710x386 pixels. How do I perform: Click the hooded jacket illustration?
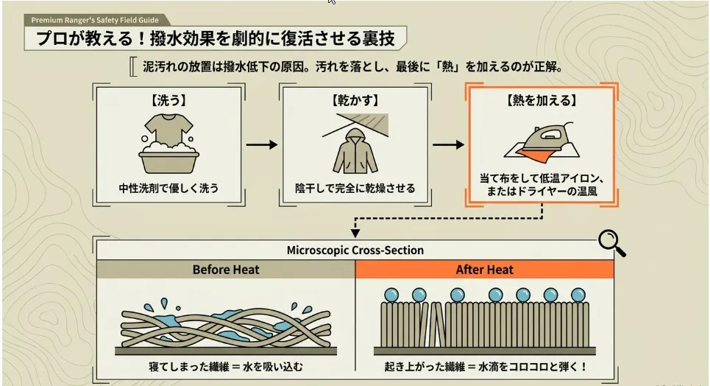(x=355, y=151)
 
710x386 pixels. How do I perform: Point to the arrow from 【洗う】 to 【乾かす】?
(x=262, y=144)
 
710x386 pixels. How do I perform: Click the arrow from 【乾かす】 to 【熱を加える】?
(x=448, y=144)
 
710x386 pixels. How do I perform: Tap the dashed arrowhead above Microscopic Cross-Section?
(x=355, y=233)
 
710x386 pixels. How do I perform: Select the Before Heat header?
(x=226, y=270)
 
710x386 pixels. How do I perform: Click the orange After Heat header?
(x=485, y=270)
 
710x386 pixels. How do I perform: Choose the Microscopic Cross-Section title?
(x=355, y=250)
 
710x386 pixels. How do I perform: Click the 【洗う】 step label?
(x=169, y=100)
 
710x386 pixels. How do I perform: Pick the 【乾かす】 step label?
(x=355, y=100)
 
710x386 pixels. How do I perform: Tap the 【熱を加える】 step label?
(x=542, y=100)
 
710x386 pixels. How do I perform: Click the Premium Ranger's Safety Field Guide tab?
(x=95, y=20)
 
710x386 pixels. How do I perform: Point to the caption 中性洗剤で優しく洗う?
(x=169, y=188)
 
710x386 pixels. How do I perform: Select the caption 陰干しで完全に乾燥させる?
(x=355, y=188)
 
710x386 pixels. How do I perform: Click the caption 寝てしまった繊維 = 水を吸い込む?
(x=226, y=367)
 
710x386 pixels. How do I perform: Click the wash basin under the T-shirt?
(x=169, y=161)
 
